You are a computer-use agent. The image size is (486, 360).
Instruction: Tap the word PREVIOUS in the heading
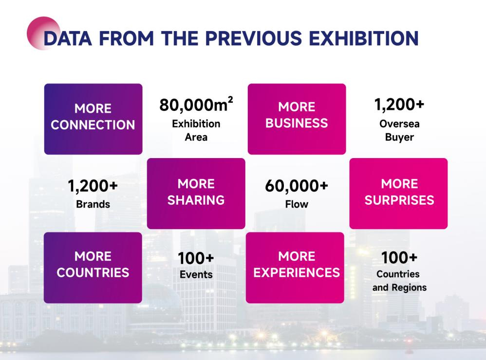[x=253, y=38]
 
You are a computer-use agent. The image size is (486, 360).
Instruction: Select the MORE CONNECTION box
[x=93, y=119]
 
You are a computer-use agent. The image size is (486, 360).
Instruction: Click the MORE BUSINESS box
[x=297, y=119]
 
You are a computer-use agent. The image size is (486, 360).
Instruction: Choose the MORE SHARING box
[x=196, y=194]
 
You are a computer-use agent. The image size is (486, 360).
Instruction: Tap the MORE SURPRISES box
[x=398, y=194]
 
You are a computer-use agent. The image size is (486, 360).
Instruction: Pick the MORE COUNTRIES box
[x=93, y=268]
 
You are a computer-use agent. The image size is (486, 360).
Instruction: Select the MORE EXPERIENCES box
[x=295, y=268]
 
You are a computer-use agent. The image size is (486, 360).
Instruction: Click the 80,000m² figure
[x=196, y=104]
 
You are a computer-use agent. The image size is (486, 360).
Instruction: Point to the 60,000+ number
[x=296, y=186]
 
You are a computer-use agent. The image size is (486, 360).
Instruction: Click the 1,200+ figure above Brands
[x=93, y=186]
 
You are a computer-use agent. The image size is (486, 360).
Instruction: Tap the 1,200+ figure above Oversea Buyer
[x=399, y=104]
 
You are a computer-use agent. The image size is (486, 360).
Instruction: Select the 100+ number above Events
[x=196, y=258]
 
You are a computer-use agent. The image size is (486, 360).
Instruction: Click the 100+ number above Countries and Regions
[x=399, y=257]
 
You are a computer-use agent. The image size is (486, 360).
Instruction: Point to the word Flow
[x=297, y=204]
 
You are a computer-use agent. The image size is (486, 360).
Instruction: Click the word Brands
[x=93, y=204]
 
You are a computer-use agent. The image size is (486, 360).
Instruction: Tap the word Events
[x=196, y=274]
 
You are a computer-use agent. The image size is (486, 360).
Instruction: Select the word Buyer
[x=399, y=137]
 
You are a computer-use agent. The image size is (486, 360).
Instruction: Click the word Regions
[x=409, y=288]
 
